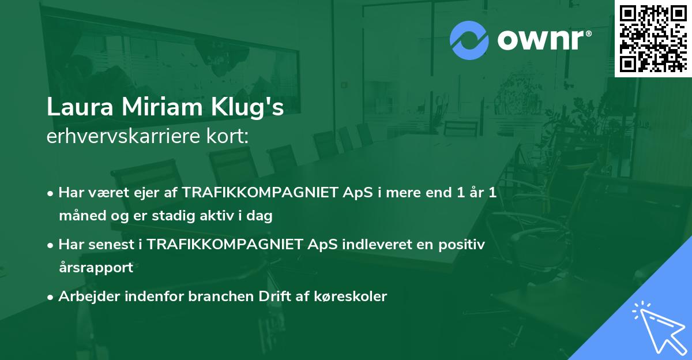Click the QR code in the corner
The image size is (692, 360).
click(653, 39)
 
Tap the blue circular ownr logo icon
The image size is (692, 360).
click(469, 40)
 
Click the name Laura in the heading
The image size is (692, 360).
click(80, 107)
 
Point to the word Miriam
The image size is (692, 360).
click(162, 107)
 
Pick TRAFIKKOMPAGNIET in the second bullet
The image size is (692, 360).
click(224, 244)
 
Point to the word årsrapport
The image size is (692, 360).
click(96, 268)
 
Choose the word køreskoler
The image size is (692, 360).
click(351, 297)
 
